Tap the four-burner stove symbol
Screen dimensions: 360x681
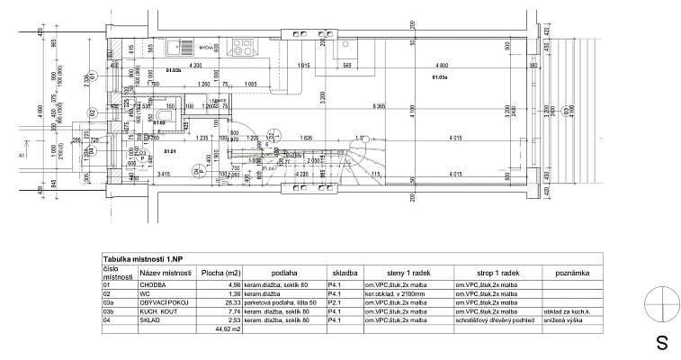point(243,41)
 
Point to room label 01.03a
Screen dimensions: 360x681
point(440,77)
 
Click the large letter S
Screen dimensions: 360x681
point(661,343)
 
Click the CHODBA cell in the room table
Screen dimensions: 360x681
point(153,284)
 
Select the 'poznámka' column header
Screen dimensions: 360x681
point(573,271)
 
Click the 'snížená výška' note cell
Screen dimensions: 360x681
point(564,320)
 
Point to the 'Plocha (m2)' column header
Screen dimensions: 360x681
point(221,271)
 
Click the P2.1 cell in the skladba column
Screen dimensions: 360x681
point(334,302)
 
